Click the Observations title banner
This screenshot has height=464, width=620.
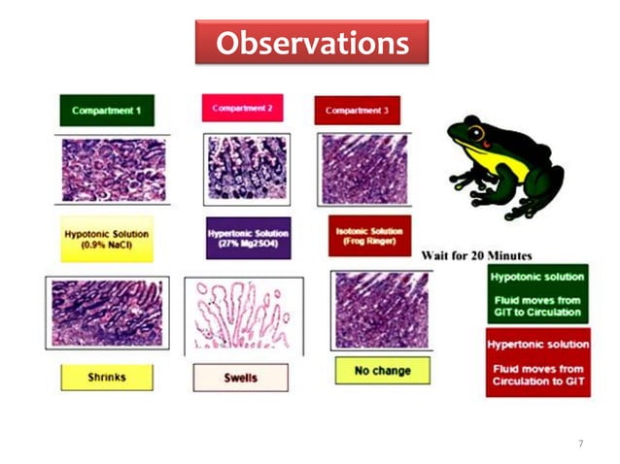(x=311, y=44)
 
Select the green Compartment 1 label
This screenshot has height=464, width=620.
(x=106, y=110)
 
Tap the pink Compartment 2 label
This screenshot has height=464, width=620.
(x=242, y=108)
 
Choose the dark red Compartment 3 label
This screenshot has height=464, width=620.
(x=357, y=110)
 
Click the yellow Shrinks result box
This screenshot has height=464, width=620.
(x=106, y=378)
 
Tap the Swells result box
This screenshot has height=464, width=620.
(x=240, y=378)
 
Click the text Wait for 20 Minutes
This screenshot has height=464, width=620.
(x=476, y=254)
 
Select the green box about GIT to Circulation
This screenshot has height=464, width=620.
(x=537, y=292)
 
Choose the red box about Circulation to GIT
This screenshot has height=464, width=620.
(x=537, y=361)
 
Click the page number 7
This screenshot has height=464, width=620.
(x=580, y=443)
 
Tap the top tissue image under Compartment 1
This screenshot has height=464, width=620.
(x=113, y=169)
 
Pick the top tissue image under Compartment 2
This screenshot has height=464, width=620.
(x=246, y=169)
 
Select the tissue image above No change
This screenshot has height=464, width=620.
(x=379, y=310)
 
